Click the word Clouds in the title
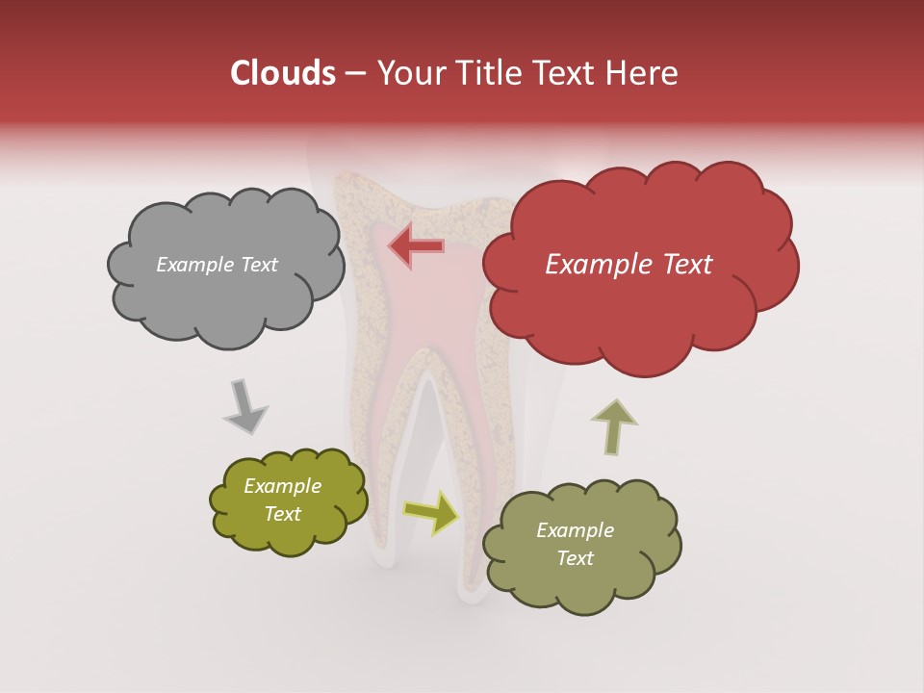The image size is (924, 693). (x=283, y=74)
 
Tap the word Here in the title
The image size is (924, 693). (x=644, y=74)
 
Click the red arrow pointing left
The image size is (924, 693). (x=417, y=246)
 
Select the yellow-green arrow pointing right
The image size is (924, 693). (x=430, y=512)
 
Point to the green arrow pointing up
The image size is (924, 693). (x=613, y=426)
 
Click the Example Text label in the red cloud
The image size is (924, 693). (x=629, y=265)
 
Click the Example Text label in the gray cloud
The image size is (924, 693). (x=217, y=265)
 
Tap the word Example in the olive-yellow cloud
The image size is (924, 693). (x=282, y=486)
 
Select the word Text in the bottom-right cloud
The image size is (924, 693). (x=575, y=558)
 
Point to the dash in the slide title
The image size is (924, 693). (x=354, y=74)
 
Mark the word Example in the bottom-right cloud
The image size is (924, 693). (x=575, y=530)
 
